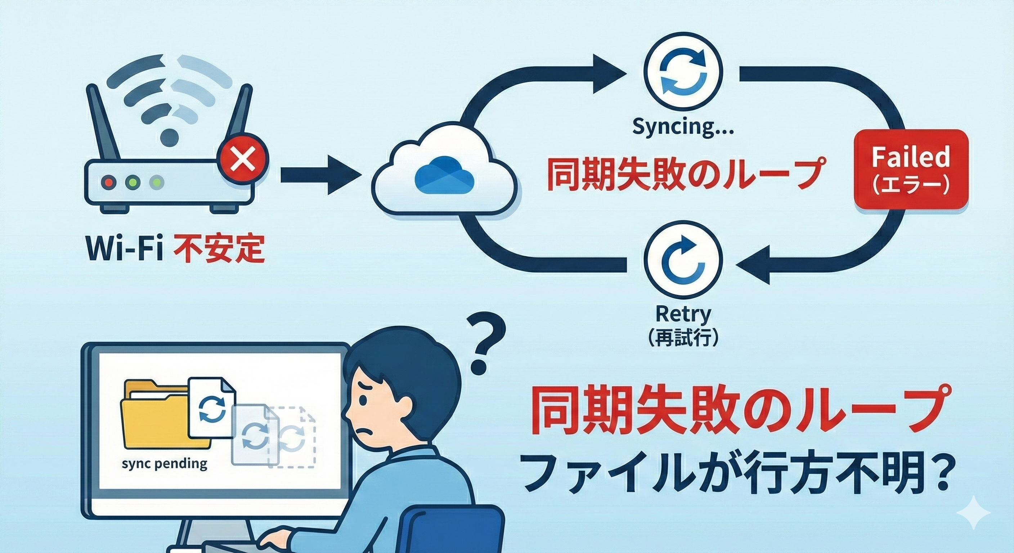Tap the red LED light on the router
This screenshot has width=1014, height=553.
click(109, 183)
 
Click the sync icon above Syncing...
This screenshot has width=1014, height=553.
click(683, 73)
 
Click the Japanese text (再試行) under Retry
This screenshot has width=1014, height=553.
click(683, 338)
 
